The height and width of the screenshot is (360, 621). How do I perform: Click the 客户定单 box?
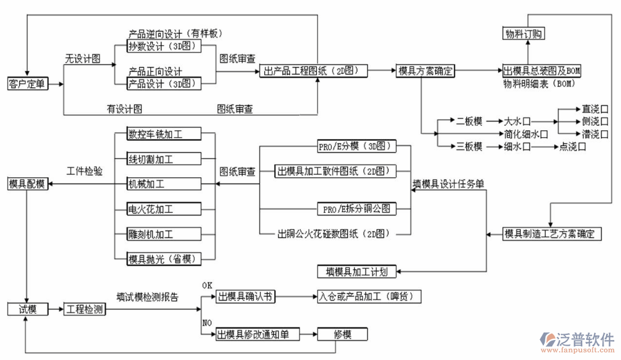pyautogui.click(x=27, y=83)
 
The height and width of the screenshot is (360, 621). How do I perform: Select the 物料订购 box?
pyautogui.click(x=524, y=34)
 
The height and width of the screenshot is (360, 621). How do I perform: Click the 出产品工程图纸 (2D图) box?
pyautogui.click(x=314, y=71)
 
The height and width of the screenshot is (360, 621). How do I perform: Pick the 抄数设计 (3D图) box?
pyautogui.click(x=163, y=47)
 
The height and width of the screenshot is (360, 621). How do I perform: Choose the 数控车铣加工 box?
pyautogui.click(x=164, y=134)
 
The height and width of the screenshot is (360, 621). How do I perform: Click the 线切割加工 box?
pyautogui.click(x=164, y=159)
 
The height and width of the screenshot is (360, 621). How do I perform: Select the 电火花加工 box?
pyautogui.click(x=164, y=209)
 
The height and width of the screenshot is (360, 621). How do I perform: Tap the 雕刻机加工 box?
pyautogui.click(x=164, y=234)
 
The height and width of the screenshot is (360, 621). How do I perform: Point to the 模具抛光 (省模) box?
pyautogui.click(x=164, y=258)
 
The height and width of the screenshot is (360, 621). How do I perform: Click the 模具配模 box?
pyautogui.click(x=27, y=184)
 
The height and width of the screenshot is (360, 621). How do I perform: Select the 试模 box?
pyautogui.click(x=27, y=309)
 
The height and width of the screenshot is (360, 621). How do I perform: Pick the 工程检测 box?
pyautogui.click(x=85, y=309)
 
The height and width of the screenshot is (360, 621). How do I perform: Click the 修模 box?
pyautogui.click(x=342, y=334)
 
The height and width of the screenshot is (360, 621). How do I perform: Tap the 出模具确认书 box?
pyautogui.click(x=245, y=297)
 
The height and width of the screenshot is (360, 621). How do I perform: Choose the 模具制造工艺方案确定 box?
pyautogui.click(x=553, y=234)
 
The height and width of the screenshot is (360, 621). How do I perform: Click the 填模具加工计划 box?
pyautogui.click(x=357, y=272)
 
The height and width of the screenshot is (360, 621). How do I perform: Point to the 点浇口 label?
pyautogui.click(x=572, y=147)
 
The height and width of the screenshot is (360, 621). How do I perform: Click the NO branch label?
pyautogui.click(x=207, y=323)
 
